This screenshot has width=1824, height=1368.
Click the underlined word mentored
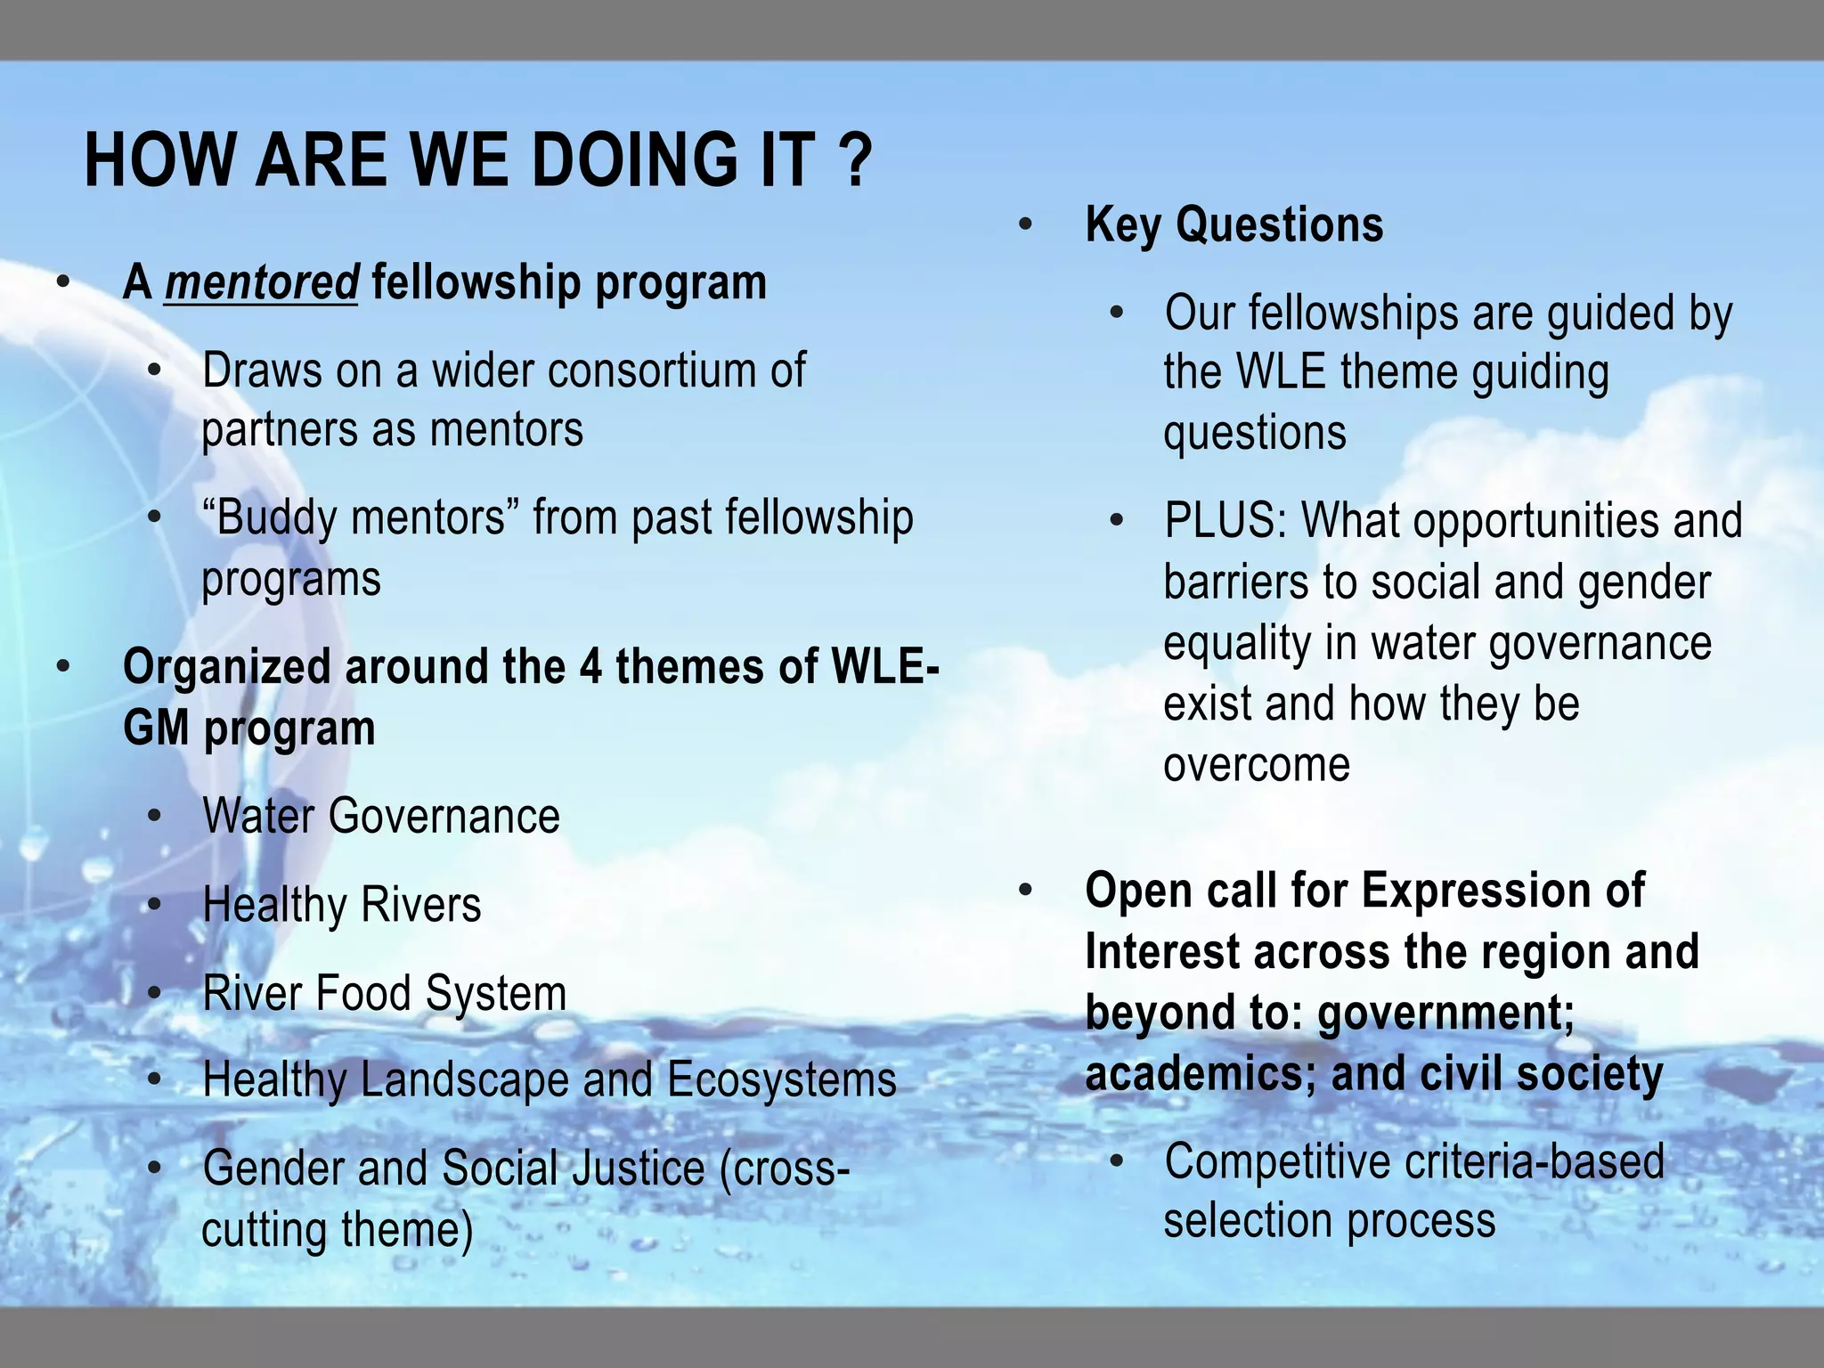pos(261,282)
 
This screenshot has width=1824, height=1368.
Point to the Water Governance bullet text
pos(381,816)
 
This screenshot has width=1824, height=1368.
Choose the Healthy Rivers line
pos(342,905)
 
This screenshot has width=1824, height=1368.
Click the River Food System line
pos(385,993)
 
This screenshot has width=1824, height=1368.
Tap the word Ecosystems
pos(781,1079)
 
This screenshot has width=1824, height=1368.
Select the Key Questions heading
pos(1234,224)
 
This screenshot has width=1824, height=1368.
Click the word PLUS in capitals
pos(1225,521)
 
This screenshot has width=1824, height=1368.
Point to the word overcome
pos(1256,765)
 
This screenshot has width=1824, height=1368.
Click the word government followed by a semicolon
pos(1445,1014)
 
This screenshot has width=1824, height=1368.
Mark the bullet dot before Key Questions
pos(1026,225)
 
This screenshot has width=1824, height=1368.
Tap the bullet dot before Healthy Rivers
pos(155,906)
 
